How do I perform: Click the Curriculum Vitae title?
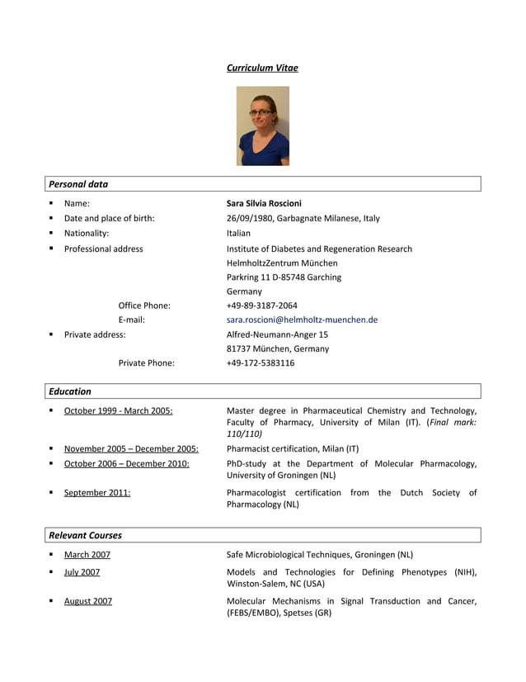coord(262,68)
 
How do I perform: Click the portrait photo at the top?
coord(262,126)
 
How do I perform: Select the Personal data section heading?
coord(78,184)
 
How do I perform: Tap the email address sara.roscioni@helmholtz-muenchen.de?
coord(302,320)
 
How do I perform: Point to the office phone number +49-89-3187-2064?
coord(262,305)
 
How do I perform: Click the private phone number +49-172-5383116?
coord(260,362)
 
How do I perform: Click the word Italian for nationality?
coord(238,233)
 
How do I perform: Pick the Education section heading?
coord(70,391)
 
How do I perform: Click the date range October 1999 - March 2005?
coord(118,410)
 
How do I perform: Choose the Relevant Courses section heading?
coord(85,535)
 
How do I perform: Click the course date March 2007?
coord(87,555)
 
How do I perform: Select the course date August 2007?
coord(88,601)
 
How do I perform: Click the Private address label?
coord(95,334)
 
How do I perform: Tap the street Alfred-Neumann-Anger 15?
coord(277,334)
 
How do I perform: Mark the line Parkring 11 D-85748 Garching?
coord(284,277)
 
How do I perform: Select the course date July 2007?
coord(82,572)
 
